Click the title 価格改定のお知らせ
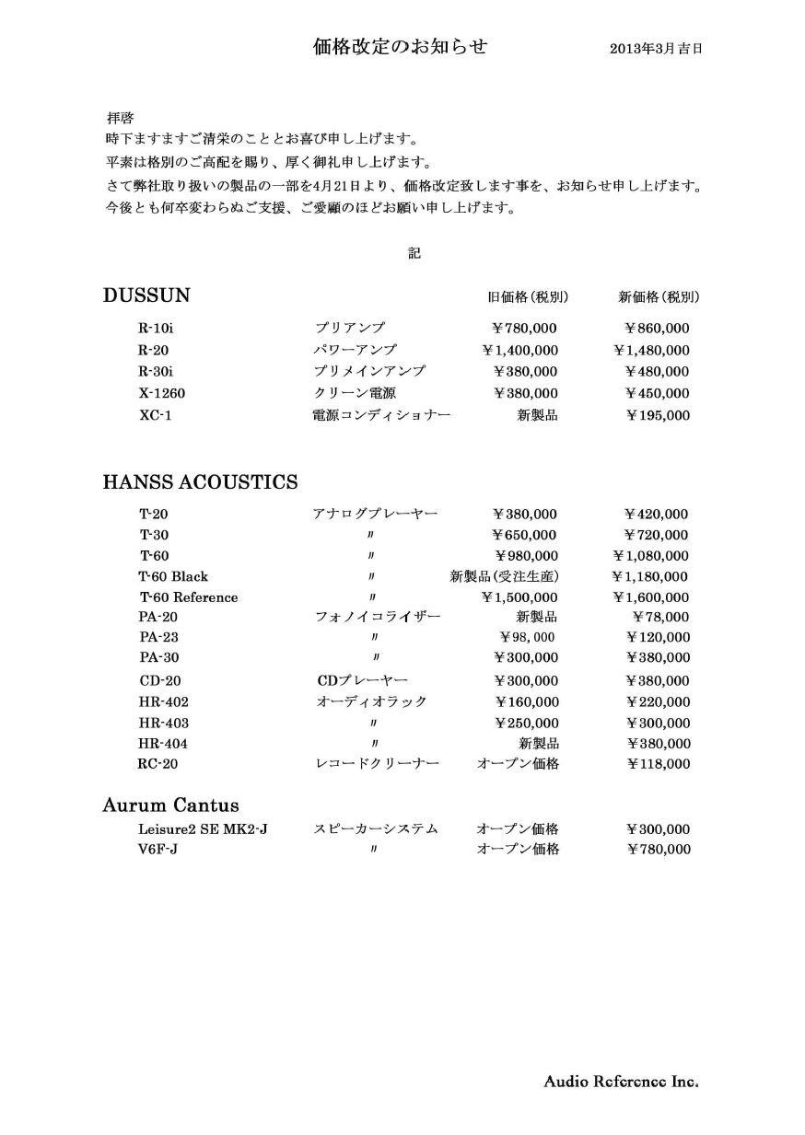coord(401,47)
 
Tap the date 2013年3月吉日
coord(656,49)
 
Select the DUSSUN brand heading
coord(146,295)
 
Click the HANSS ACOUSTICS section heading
coord(200,481)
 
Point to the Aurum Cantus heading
coord(170,805)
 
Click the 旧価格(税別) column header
coord(527,297)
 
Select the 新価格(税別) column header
coord(659,297)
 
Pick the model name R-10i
coord(156,329)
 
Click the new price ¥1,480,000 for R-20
coord(651,351)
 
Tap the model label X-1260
coord(162,394)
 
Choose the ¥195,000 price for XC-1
coord(657,416)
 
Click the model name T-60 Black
coord(173,577)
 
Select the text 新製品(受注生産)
coord(504,577)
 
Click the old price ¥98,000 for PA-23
coord(527,637)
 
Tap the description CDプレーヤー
coord(362,681)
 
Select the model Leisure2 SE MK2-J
coord(203,829)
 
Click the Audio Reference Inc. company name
coord(621,1082)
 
